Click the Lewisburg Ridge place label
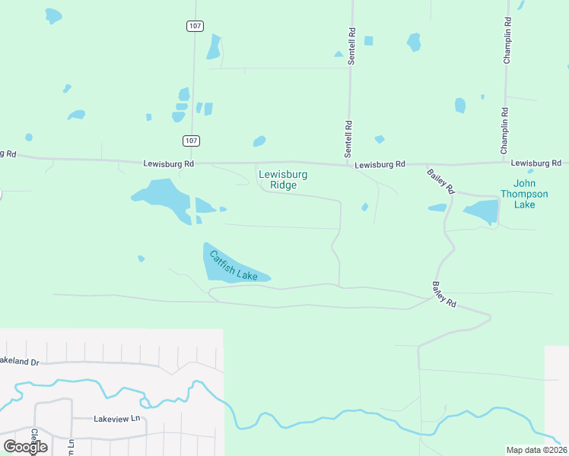coord(283,179)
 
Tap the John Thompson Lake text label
coord(524,194)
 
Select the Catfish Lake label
coord(234,266)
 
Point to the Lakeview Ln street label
coord(117,419)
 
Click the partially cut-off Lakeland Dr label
coord(19,361)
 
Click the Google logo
coord(25,446)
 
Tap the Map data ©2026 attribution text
coord(536,450)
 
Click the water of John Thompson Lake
coord(482,212)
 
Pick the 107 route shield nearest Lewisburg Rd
coord(191,141)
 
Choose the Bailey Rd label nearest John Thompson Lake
coord(440,180)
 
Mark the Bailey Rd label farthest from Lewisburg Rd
coord(443,294)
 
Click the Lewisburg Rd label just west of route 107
coord(169,163)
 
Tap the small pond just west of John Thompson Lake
coord(437,207)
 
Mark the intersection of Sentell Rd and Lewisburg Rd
coord(348,163)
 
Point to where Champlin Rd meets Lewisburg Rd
coord(505,161)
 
